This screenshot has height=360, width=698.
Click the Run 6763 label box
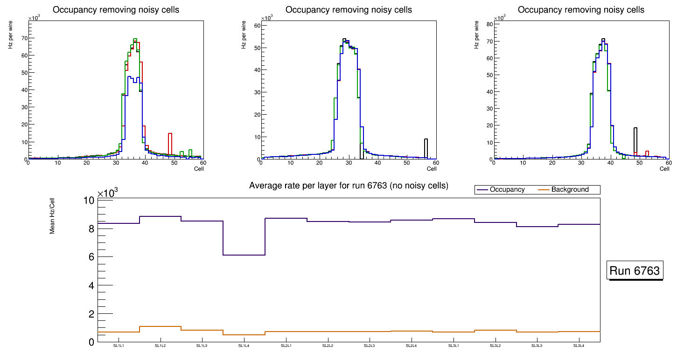tap(635, 271)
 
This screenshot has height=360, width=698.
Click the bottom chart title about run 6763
tap(349, 186)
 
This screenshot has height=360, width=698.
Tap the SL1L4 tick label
tap(244, 346)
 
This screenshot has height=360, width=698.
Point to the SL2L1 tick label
tap(286, 346)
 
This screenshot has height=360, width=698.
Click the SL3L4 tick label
tap(579, 346)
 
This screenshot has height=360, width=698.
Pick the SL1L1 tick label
tap(119, 346)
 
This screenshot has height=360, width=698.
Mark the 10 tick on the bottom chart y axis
tap(89, 201)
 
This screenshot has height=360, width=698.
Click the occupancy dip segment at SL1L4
tap(244, 255)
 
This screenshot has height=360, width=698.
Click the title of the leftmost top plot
tap(116, 10)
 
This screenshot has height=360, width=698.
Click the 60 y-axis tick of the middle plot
tap(256, 26)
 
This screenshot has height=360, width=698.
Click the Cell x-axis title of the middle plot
tap(432, 168)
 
